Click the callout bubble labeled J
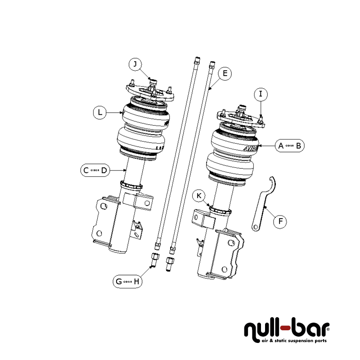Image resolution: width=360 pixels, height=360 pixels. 135,64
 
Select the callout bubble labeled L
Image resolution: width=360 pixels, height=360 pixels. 100,112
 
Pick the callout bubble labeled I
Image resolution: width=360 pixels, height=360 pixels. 261,94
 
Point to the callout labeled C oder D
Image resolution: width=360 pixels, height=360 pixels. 95,170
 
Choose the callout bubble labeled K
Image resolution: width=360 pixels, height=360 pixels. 199,196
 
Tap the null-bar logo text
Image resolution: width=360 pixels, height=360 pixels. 287,329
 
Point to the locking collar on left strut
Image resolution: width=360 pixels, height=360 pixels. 131,185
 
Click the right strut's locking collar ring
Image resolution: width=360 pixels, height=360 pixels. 220,209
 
